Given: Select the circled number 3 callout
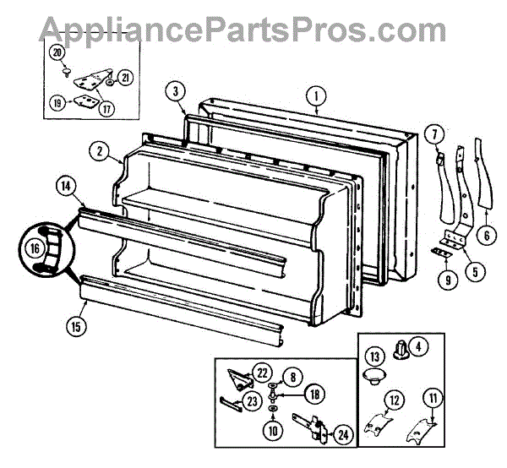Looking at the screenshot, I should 175,91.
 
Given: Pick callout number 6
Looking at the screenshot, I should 485,237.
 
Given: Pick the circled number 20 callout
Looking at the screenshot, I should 57,52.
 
